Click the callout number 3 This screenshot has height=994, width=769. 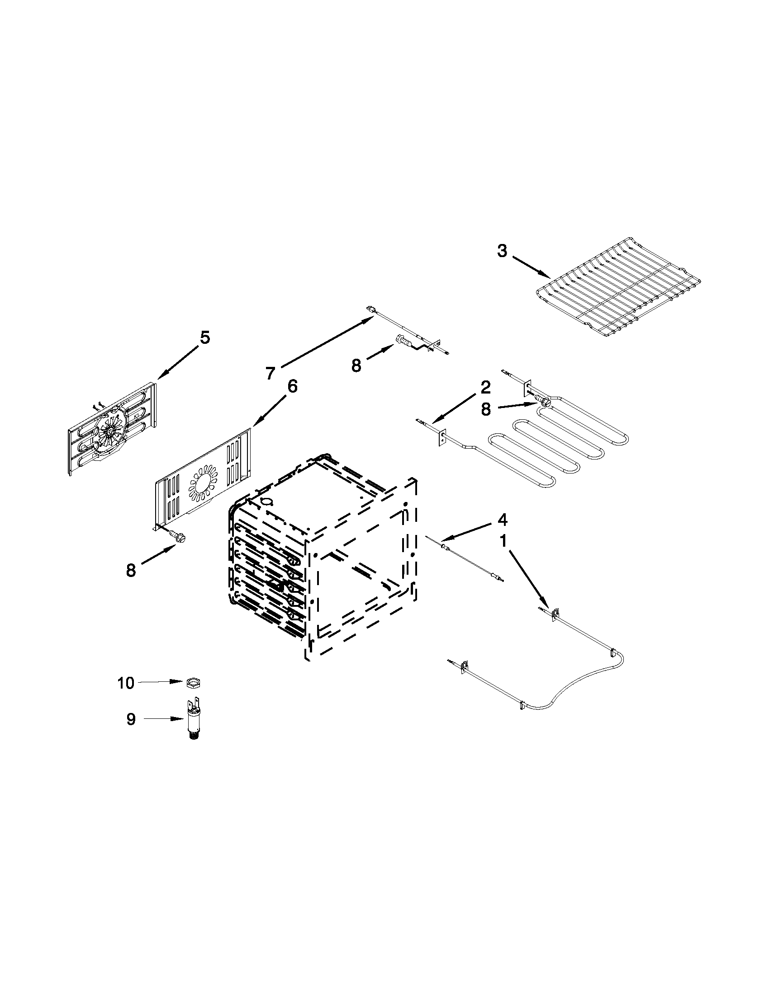point(502,251)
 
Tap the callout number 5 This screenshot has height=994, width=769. point(204,338)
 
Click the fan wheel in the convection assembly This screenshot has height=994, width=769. point(110,430)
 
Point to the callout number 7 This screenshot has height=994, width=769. point(271,373)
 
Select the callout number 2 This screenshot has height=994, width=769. point(485,387)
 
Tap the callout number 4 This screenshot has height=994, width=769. point(502,519)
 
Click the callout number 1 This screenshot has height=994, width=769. point(503,541)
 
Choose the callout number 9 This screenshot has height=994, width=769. point(131,719)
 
